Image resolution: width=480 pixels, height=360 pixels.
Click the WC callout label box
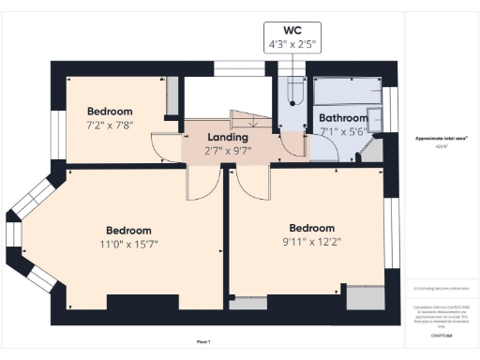tap(292, 35)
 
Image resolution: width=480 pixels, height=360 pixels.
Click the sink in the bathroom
tap(376, 119)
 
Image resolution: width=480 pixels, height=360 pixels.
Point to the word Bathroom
tap(342, 118)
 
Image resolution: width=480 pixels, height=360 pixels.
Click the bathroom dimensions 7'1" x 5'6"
tap(342, 132)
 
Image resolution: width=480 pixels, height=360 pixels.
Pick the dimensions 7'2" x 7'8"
tap(117, 124)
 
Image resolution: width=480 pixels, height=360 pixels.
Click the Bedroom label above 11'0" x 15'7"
tap(128, 230)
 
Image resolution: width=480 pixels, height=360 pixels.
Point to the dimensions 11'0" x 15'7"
tap(128, 245)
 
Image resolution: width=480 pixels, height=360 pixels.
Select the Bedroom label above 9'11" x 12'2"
tap(311, 228)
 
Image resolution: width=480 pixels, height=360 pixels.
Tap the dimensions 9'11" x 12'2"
tap(311, 242)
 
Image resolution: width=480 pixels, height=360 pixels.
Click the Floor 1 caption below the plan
tap(202, 341)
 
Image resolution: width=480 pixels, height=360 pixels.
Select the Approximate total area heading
tap(442, 138)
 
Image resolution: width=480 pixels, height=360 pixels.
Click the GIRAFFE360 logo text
tap(442, 334)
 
